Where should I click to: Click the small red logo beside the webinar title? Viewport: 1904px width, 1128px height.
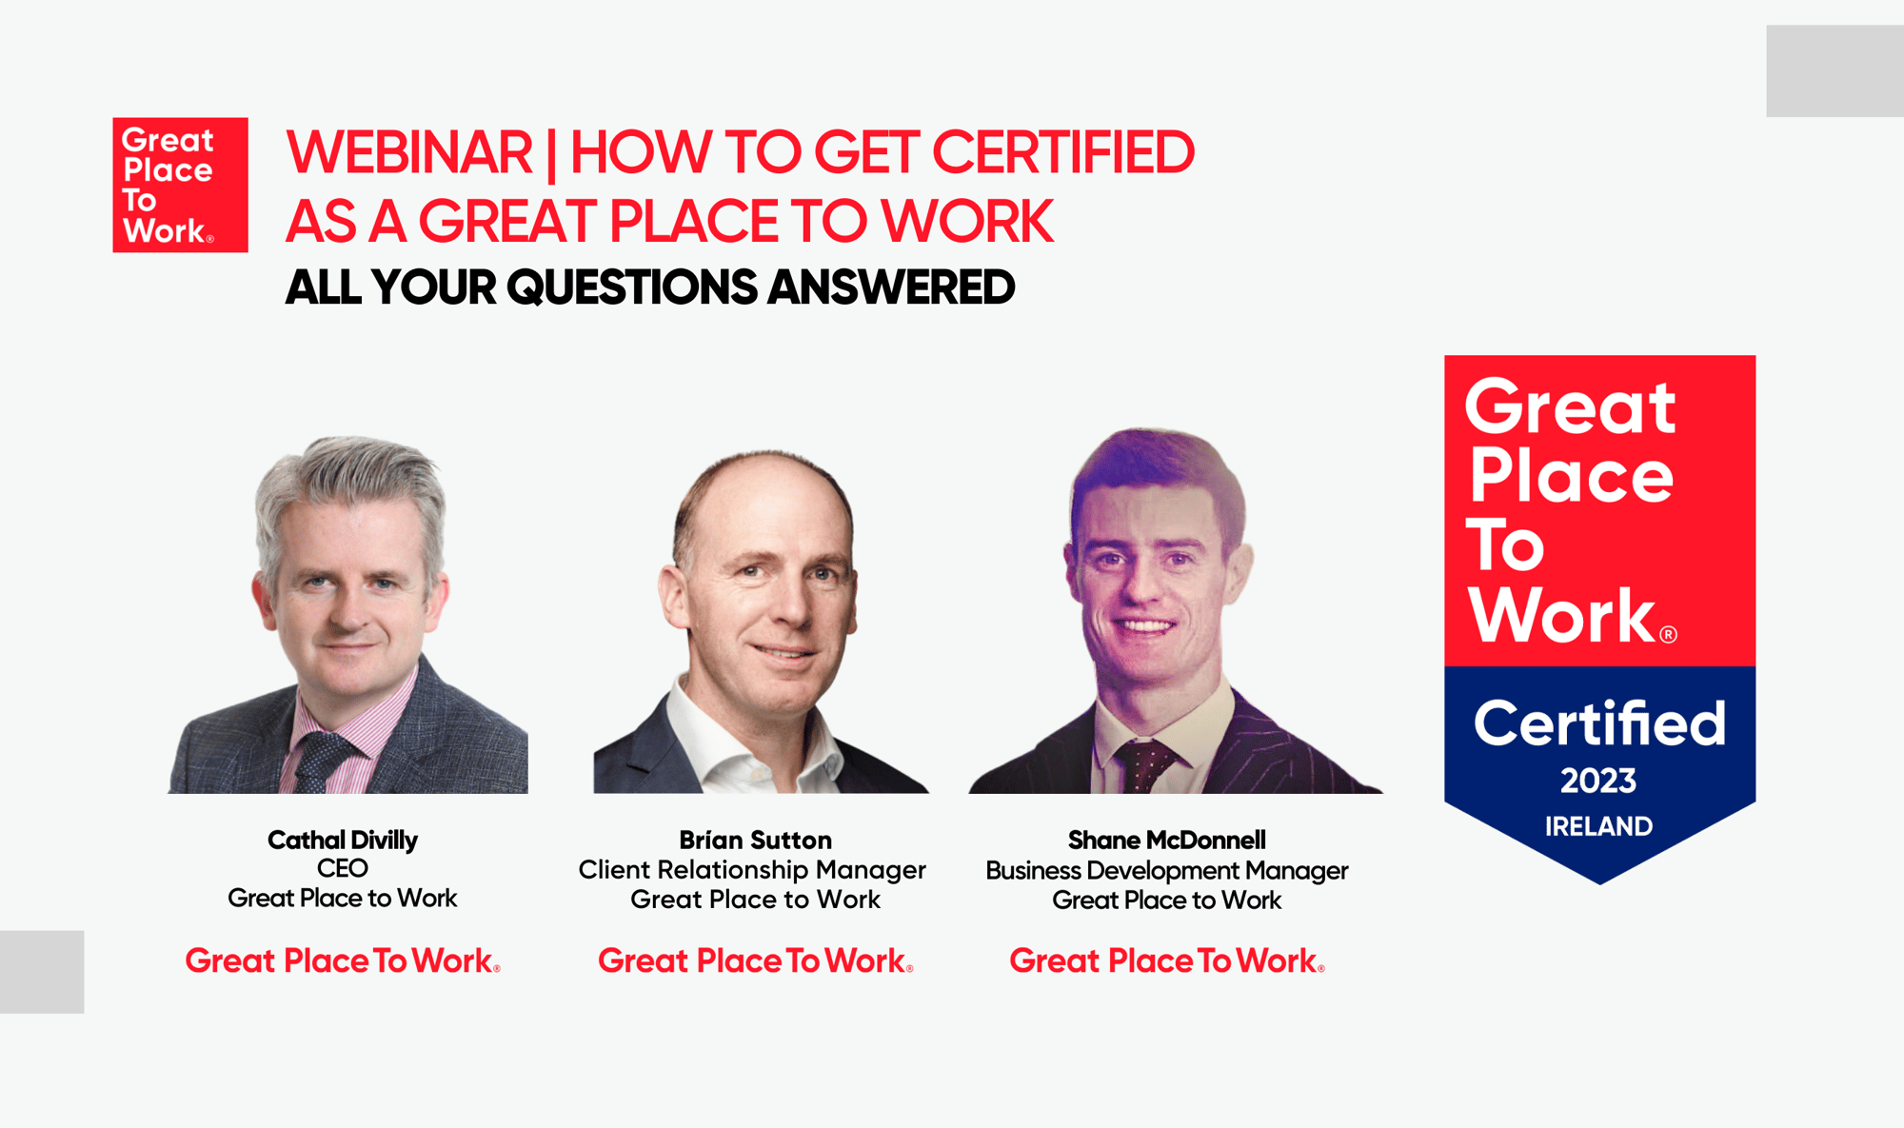(180, 185)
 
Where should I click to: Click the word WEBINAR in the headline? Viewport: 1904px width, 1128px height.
(409, 152)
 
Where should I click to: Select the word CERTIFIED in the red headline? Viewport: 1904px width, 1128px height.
(1062, 152)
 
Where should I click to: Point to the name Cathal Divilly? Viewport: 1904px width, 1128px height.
(343, 840)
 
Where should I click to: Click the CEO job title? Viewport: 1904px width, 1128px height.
(343, 868)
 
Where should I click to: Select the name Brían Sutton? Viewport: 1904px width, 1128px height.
(755, 840)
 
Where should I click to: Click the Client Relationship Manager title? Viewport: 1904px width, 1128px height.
(752, 870)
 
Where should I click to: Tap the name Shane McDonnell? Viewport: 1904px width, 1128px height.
(1166, 840)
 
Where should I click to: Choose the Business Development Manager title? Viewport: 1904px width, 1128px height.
(1166, 870)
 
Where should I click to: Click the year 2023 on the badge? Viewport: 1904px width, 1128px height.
(1598, 782)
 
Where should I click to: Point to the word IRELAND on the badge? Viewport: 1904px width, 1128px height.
(1598, 826)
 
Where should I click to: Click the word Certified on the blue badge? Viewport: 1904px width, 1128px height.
(1599, 723)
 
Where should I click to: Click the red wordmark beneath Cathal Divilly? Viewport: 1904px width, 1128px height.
(343, 961)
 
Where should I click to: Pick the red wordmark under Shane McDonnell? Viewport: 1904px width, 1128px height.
(1166, 961)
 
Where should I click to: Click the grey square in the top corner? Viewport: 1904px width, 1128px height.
(1835, 71)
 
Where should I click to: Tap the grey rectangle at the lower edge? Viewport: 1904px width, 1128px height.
(42, 971)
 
